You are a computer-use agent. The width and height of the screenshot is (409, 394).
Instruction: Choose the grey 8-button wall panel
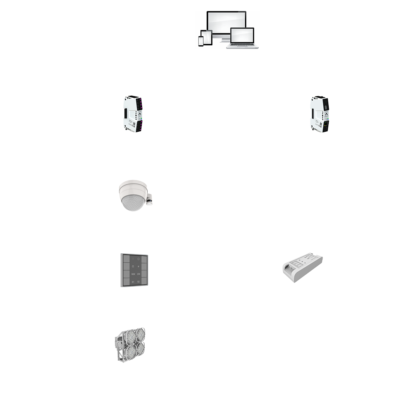pyautogui.click(x=134, y=270)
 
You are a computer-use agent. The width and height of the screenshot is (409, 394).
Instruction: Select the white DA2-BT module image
pyautogui.click(x=302, y=268)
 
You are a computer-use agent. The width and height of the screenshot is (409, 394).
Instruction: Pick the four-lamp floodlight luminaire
pyautogui.click(x=130, y=344)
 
